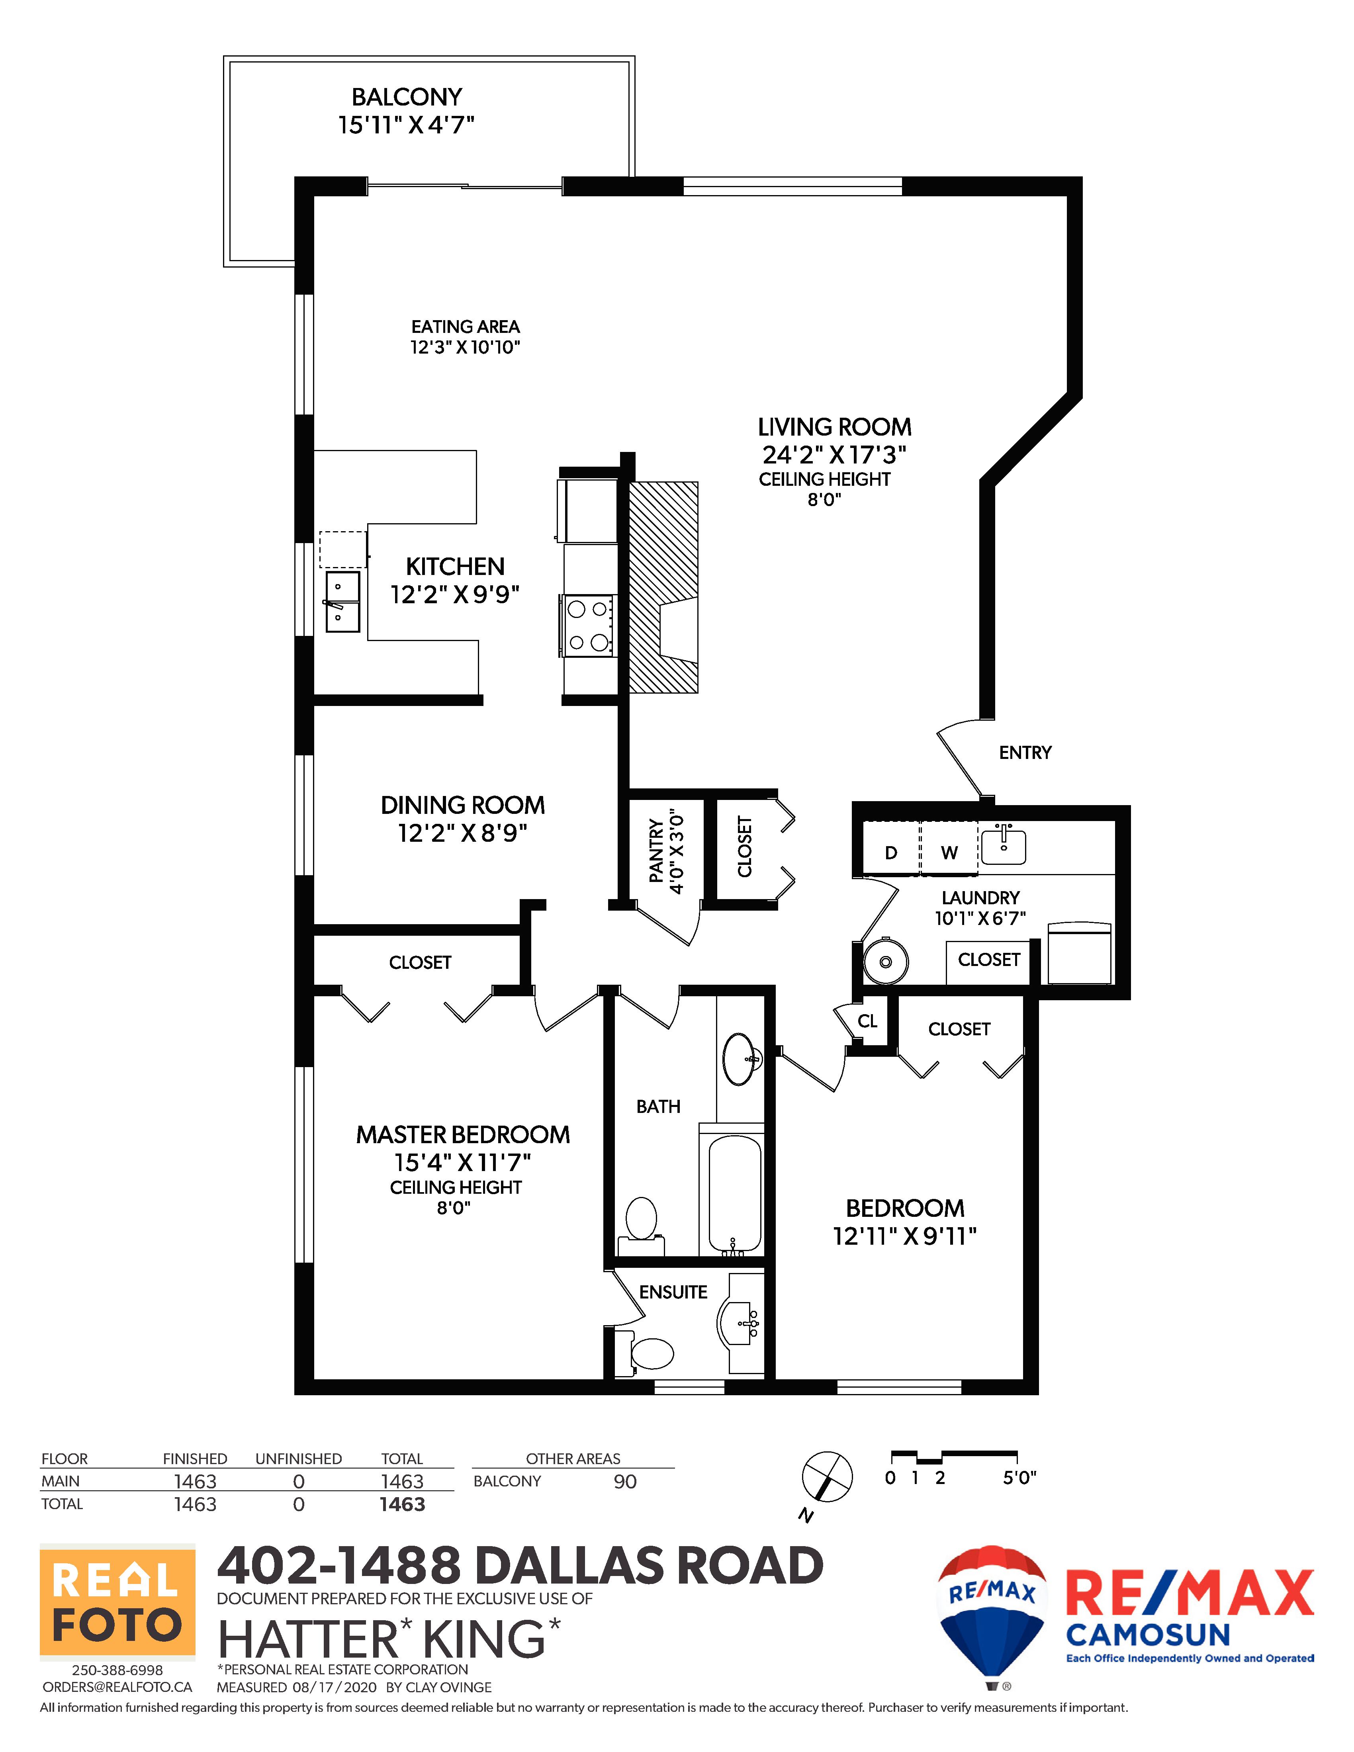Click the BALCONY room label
click(407, 97)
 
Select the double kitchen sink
click(342, 602)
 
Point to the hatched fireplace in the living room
click(663, 587)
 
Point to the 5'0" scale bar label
click(1019, 1478)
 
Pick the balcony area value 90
click(625, 1482)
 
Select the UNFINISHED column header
click(298, 1459)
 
